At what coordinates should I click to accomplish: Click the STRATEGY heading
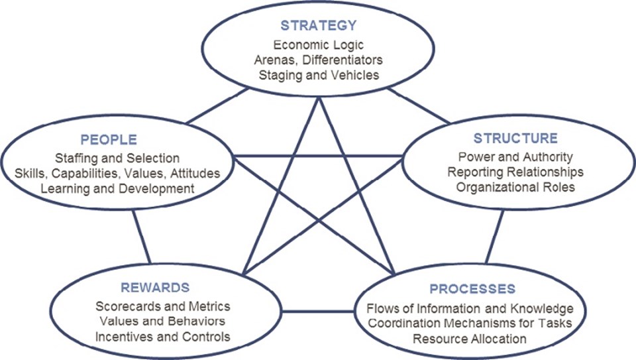coord(319,26)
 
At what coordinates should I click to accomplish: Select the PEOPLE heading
coord(109,140)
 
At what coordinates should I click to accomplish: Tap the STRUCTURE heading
coord(515,139)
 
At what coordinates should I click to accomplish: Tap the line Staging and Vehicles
coord(319,75)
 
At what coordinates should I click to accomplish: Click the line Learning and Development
coord(117,188)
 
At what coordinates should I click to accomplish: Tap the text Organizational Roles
coord(515,187)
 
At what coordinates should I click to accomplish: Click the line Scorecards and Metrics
coord(163,306)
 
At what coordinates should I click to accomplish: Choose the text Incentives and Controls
coord(163,336)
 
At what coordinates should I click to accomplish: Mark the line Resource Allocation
coord(470,338)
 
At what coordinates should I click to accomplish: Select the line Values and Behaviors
coord(163,322)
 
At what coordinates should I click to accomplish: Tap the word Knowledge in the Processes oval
coord(543,309)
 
